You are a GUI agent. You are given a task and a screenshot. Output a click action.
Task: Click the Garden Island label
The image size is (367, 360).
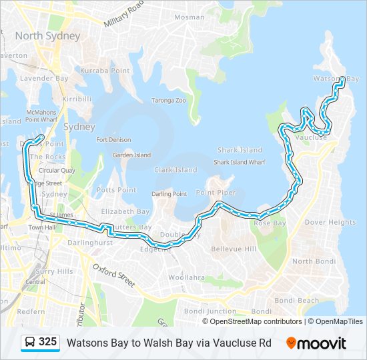click(131, 155)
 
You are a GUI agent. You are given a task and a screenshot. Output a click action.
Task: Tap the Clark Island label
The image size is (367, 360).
click(175, 170)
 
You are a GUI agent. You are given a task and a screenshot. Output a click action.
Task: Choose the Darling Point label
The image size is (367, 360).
click(169, 194)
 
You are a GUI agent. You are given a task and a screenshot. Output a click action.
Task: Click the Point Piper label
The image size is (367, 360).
click(216, 193)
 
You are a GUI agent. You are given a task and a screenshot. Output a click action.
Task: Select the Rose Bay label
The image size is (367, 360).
click(270, 223)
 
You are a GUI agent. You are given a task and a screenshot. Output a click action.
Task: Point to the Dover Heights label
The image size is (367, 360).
click(330, 222)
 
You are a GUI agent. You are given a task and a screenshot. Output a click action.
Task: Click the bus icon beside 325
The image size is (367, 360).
click(30, 343)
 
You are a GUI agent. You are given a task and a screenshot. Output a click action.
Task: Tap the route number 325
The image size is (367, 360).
click(47, 342)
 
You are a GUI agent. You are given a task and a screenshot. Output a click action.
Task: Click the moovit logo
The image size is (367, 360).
click(316, 343)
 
